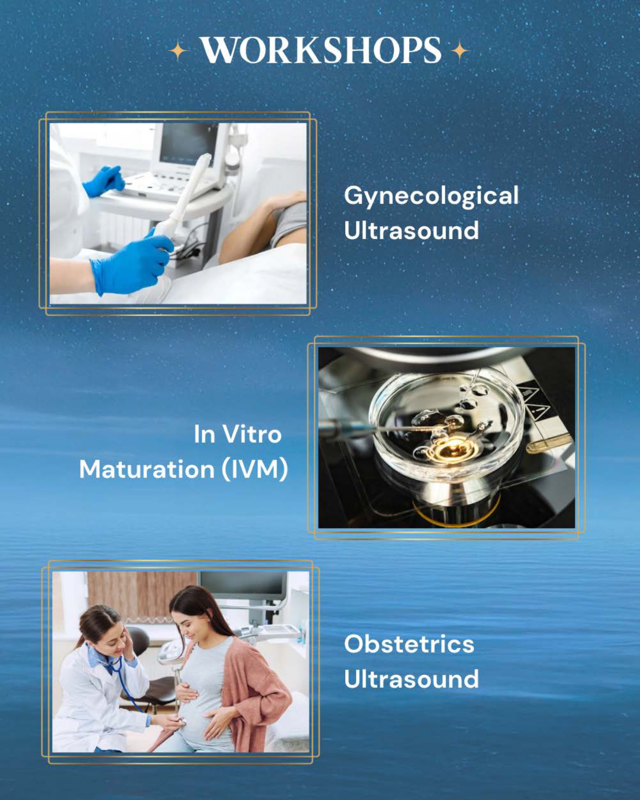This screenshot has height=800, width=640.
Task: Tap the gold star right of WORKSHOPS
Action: pyautogui.click(x=460, y=52)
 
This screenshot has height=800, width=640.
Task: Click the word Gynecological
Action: pyautogui.click(x=431, y=196)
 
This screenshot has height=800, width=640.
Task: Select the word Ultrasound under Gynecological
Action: pyautogui.click(x=411, y=230)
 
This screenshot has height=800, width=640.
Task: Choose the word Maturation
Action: pyautogui.click(x=147, y=469)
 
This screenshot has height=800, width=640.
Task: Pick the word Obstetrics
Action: pyautogui.click(x=409, y=644)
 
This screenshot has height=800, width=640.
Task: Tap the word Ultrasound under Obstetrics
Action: pyautogui.click(x=411, y=679)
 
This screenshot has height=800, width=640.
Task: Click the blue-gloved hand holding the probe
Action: pyautogui.click(x=131, y=262)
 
